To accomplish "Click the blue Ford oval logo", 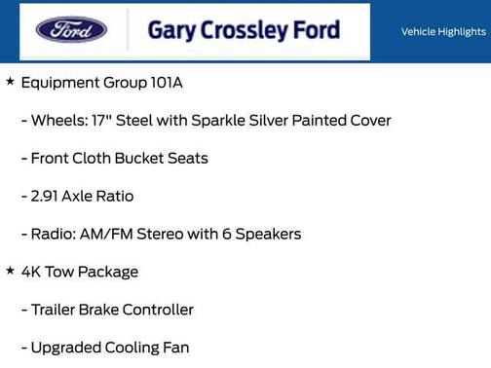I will (x=71, y=30).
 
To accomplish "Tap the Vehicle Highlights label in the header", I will (x=443, y=32).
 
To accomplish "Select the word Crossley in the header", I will (x=244, y=30).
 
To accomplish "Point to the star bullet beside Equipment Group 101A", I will (x=10, y=82).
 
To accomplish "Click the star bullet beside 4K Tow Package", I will (x=10, y=271).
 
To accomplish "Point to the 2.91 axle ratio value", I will (x=48, y=196).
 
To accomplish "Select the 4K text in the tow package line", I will (x=32, y=272).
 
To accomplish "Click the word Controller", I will (x=158, y=310).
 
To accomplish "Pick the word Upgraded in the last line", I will (x=66, y=348).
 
